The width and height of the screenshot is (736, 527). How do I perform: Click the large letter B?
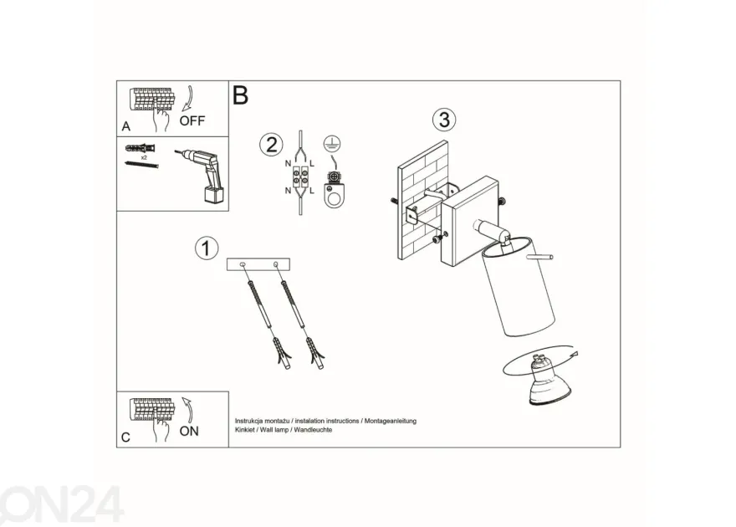240,95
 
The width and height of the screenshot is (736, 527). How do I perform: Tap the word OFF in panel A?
192,120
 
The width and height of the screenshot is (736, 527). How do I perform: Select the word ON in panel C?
189,432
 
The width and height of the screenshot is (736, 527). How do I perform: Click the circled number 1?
207,248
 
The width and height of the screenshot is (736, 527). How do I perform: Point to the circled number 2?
271,145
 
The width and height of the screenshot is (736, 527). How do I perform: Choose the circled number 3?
444,120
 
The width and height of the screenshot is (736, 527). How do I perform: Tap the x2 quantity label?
144,158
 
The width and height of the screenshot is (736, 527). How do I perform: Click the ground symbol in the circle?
332,144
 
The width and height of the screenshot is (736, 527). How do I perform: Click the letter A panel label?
125,126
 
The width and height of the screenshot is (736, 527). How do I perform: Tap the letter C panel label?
125,437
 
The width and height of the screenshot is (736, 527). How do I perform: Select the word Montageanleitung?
391,421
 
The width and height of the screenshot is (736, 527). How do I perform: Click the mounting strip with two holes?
258,264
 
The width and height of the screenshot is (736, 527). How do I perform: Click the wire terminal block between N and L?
300,177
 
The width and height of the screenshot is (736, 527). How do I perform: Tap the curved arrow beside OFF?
187,98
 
